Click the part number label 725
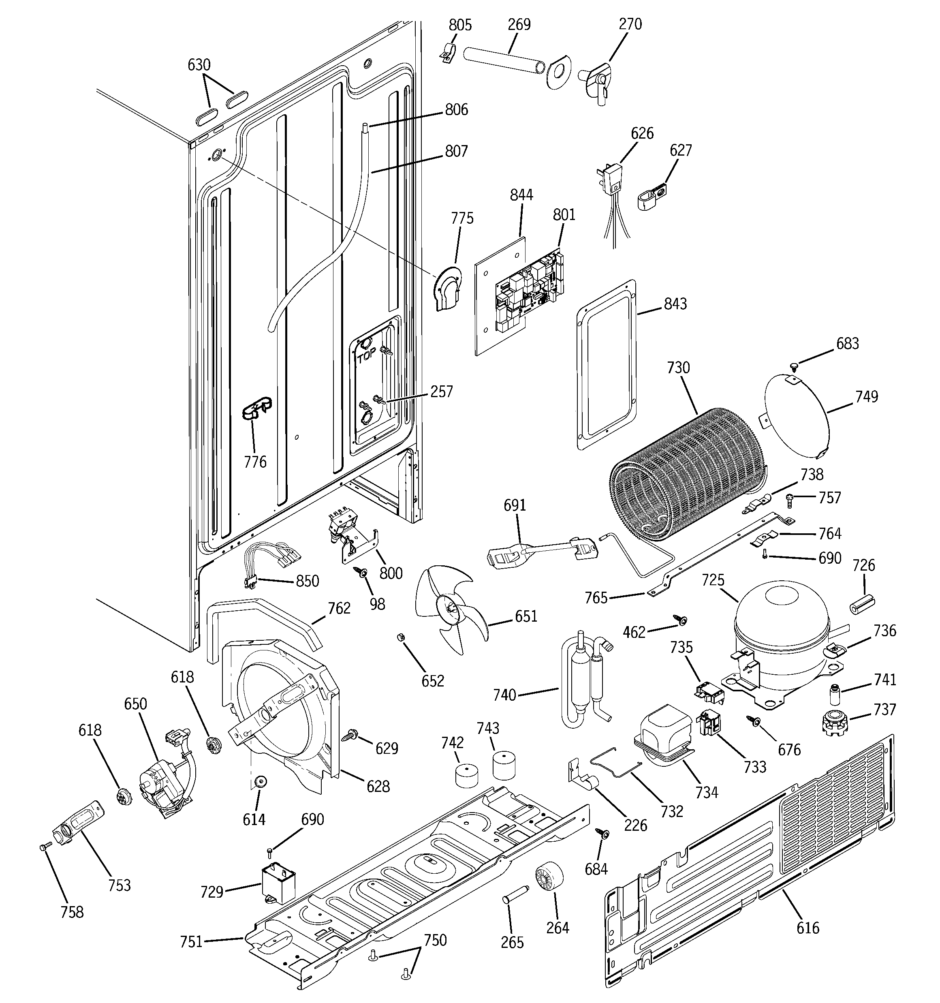coord(713,580)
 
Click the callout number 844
coord(521,195)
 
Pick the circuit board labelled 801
coord(530,295)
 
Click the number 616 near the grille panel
coord(808,927)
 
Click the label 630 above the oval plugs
coord(199,64)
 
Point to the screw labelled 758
coord(45,848)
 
